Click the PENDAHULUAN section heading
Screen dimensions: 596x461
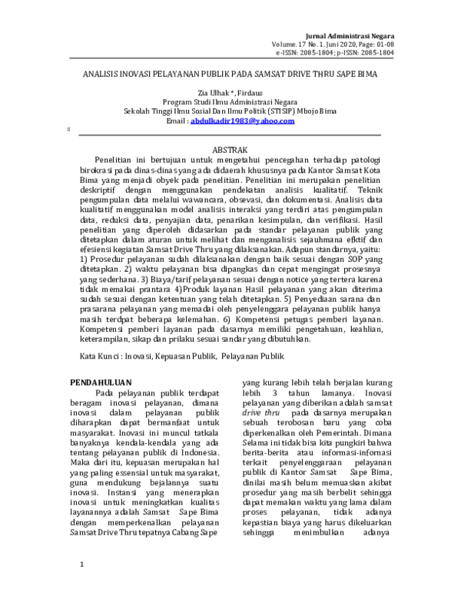click(101, 381)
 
